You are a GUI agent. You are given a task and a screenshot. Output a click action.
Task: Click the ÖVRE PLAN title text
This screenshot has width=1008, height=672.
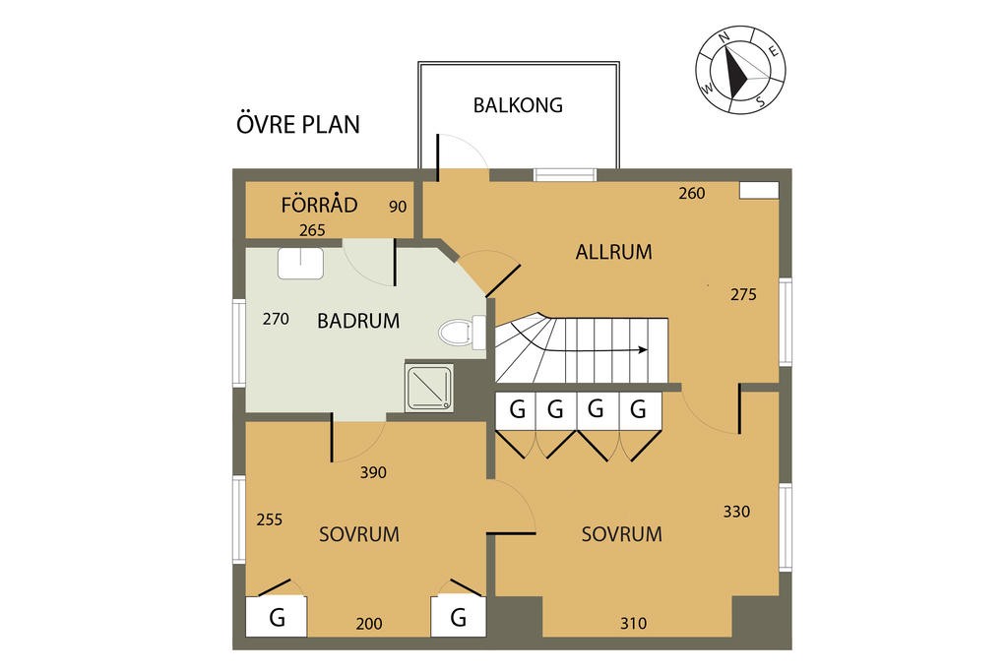pyautogui.click(x=298, y=125)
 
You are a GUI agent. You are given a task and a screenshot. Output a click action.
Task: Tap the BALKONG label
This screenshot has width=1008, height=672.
pyautogui.click(x=518, y=104)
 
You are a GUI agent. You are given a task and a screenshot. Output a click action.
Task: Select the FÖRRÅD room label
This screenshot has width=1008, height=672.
pyautogui.click(x=319, y=206)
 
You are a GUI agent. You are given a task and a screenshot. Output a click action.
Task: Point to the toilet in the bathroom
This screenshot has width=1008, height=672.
pyautogui.click(x=458, y=332)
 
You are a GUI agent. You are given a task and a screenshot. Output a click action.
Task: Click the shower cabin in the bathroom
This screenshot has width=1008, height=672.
pyautogui.click(x=429, y=387)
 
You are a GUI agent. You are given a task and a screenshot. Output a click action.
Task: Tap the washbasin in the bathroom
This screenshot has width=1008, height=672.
pyautogui.click(x=301, y=263)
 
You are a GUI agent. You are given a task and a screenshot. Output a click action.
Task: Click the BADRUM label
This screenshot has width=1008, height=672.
pyautogui.click(x=358, y=320)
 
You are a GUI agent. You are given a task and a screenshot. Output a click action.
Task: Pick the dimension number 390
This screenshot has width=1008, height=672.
pyautogui.click(x=373, y=472)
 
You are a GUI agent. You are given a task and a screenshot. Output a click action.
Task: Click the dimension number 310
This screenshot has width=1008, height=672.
pyautogui.click(x=634, y=623)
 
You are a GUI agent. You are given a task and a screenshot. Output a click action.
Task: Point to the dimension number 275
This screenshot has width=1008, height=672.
pyautogui.click(x=743, y=294)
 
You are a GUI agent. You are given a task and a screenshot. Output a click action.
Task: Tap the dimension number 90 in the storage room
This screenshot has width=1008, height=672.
pyautogui.click(x=398, y=207)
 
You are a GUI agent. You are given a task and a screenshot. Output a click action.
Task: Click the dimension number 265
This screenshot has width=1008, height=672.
pyautogui.click(x=312, y=230)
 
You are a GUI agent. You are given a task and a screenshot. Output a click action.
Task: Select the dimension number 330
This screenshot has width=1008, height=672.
pyautogui.click(x=736, y=512)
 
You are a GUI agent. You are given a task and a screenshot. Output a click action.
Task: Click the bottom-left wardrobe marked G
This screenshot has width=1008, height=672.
pyautogui.click(x=277, y=618)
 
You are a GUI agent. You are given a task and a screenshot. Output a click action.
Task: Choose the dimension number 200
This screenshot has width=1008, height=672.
pyautogui.click(x=369, y=624)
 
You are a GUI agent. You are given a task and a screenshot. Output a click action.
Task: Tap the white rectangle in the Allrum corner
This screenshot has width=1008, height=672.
pyautogui.click(x=759, y=190)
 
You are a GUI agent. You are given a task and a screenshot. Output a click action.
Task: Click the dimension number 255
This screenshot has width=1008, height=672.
pyautogui.click(x=270, y=519)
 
